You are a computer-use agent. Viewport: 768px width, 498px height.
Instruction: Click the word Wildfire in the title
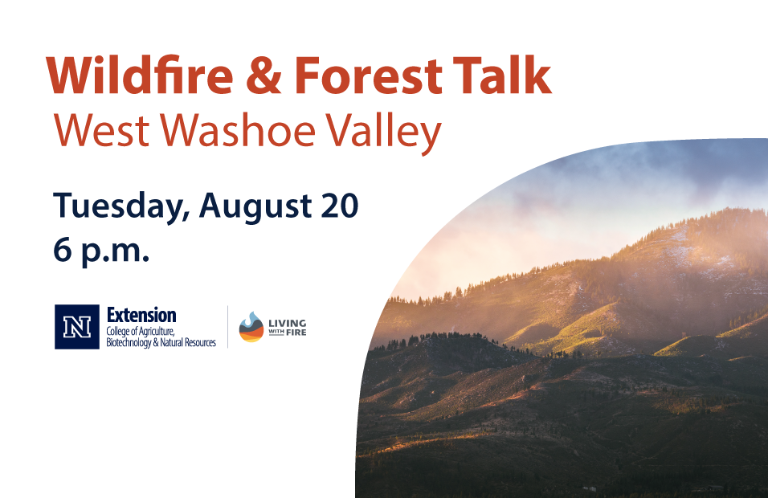[140, 76]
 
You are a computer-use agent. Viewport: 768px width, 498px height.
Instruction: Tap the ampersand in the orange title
[263, 76]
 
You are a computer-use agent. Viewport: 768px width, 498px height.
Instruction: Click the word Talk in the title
[502, 75]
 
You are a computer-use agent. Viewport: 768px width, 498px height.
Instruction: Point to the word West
[101, 130]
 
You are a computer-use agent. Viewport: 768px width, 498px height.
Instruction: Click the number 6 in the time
[62, 250]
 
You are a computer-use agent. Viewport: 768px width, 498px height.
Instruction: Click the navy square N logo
[77, 327]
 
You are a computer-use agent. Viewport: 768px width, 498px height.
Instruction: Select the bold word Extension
[141, 315]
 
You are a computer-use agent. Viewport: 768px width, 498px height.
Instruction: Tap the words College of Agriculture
[141, 332]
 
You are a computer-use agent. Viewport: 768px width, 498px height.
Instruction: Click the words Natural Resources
[188, 342]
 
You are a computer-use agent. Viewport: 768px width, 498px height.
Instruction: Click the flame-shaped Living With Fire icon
[251, 327]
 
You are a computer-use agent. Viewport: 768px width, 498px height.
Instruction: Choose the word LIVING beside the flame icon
[288, 323]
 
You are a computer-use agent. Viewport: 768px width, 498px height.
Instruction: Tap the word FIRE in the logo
[296, 333]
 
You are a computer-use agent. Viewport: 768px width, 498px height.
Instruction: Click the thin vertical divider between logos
[228, 327]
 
